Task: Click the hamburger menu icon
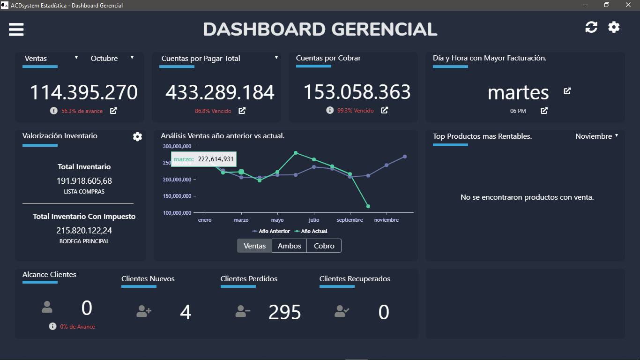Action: point(16,30)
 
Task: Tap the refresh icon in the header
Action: point(591,27)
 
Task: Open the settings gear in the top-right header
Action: point(614,27)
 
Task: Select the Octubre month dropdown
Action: point(112,59)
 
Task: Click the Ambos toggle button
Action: point(289,246)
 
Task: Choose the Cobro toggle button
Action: point(324,246)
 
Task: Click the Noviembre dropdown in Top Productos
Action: point(596,136)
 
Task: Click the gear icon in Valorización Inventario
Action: point(137,136)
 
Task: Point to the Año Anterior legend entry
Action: point(271,231)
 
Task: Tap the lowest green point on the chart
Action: point(368,206)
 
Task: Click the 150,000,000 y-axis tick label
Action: point(177,196)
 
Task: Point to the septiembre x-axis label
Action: point(350,220)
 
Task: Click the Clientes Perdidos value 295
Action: point(284,312)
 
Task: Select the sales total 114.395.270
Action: point(84,93)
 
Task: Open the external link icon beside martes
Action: point(567,91)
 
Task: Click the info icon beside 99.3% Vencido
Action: point(330,111)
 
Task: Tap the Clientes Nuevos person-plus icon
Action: point(144,311)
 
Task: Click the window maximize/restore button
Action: point(607,5)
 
